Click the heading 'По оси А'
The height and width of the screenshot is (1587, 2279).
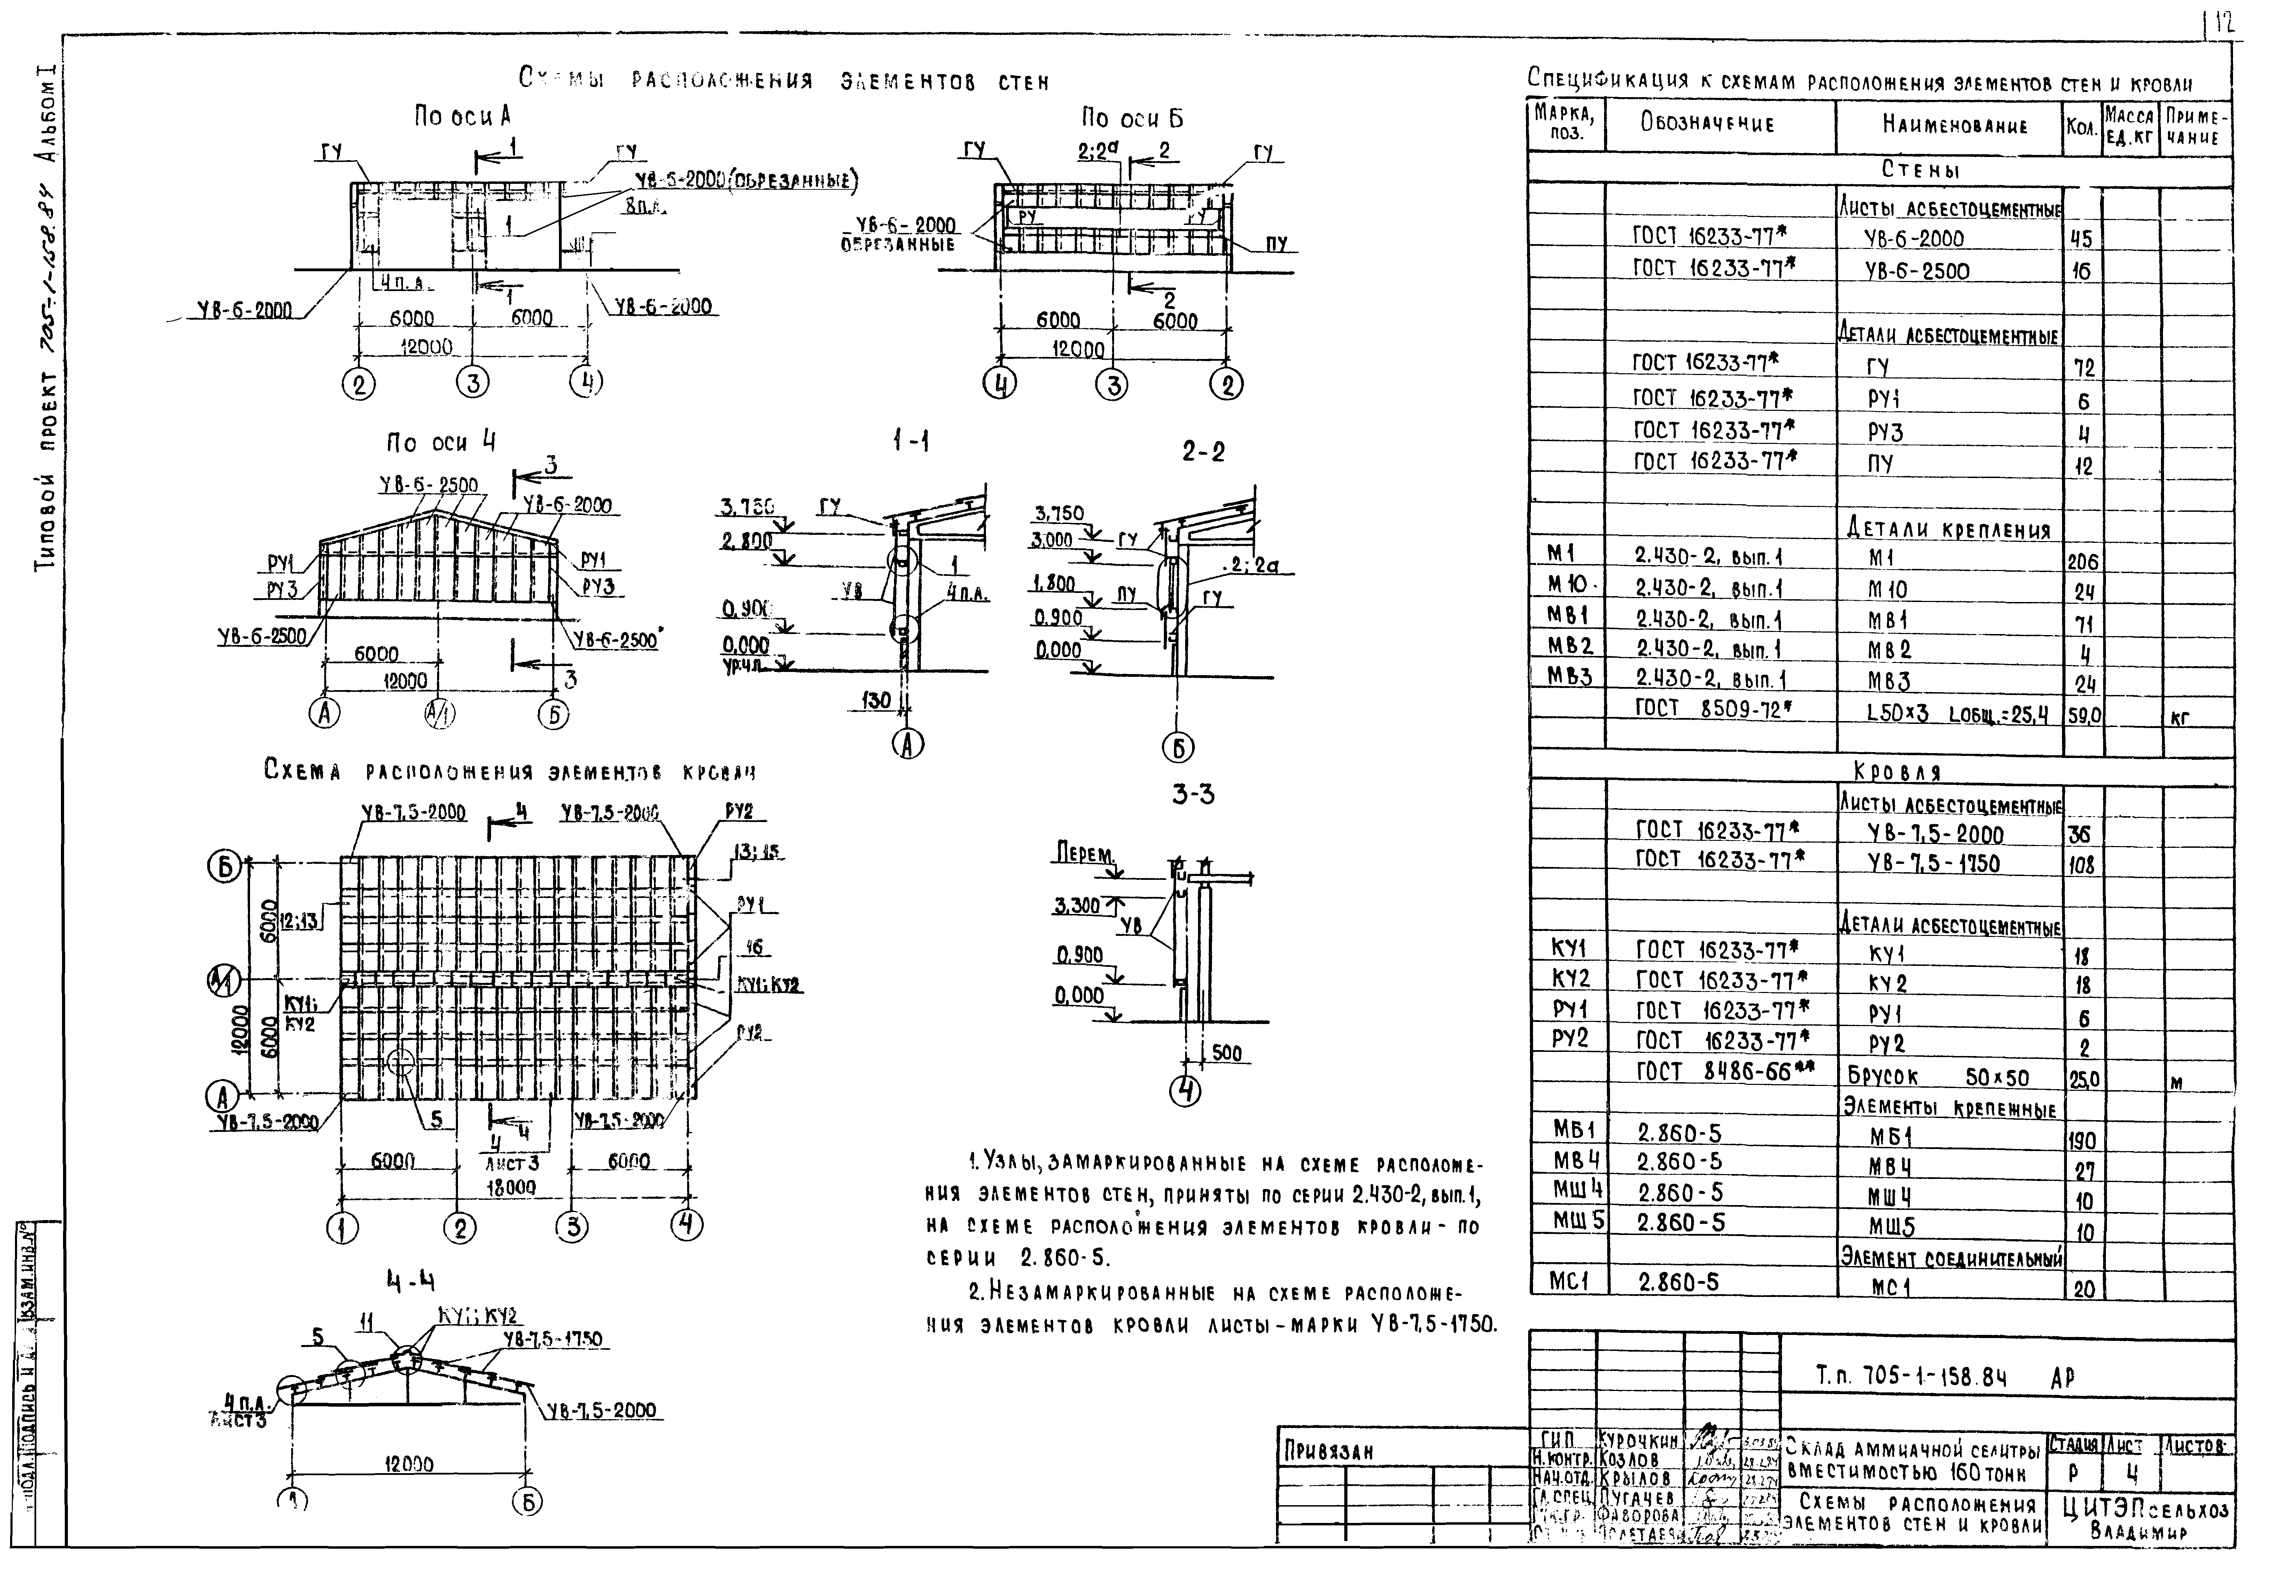462,117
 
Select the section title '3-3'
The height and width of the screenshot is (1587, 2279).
1192,794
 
